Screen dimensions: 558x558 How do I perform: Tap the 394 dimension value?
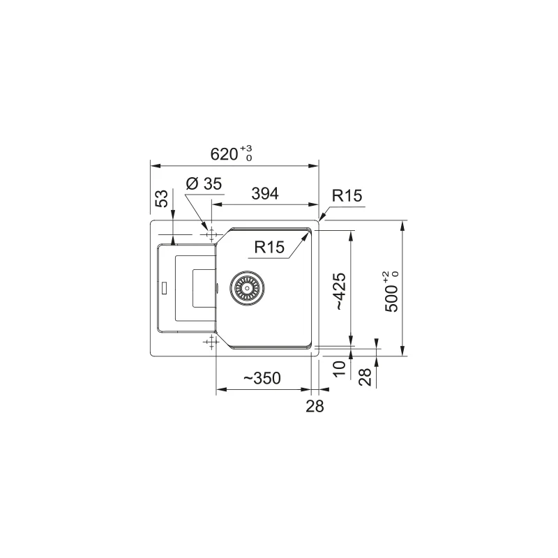coord(265,194)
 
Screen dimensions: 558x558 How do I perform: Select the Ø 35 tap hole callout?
coord(204,183)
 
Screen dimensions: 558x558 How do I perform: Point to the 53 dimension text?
coord(161,199)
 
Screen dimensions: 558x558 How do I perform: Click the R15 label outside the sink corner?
coord(347,195)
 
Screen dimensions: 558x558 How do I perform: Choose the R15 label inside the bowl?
coord(269,247)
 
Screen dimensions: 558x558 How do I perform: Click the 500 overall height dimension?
coord(391,292)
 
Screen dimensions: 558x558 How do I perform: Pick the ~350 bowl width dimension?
coord(262,378)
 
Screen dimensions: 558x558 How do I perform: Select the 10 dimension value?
coord(339,368)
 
